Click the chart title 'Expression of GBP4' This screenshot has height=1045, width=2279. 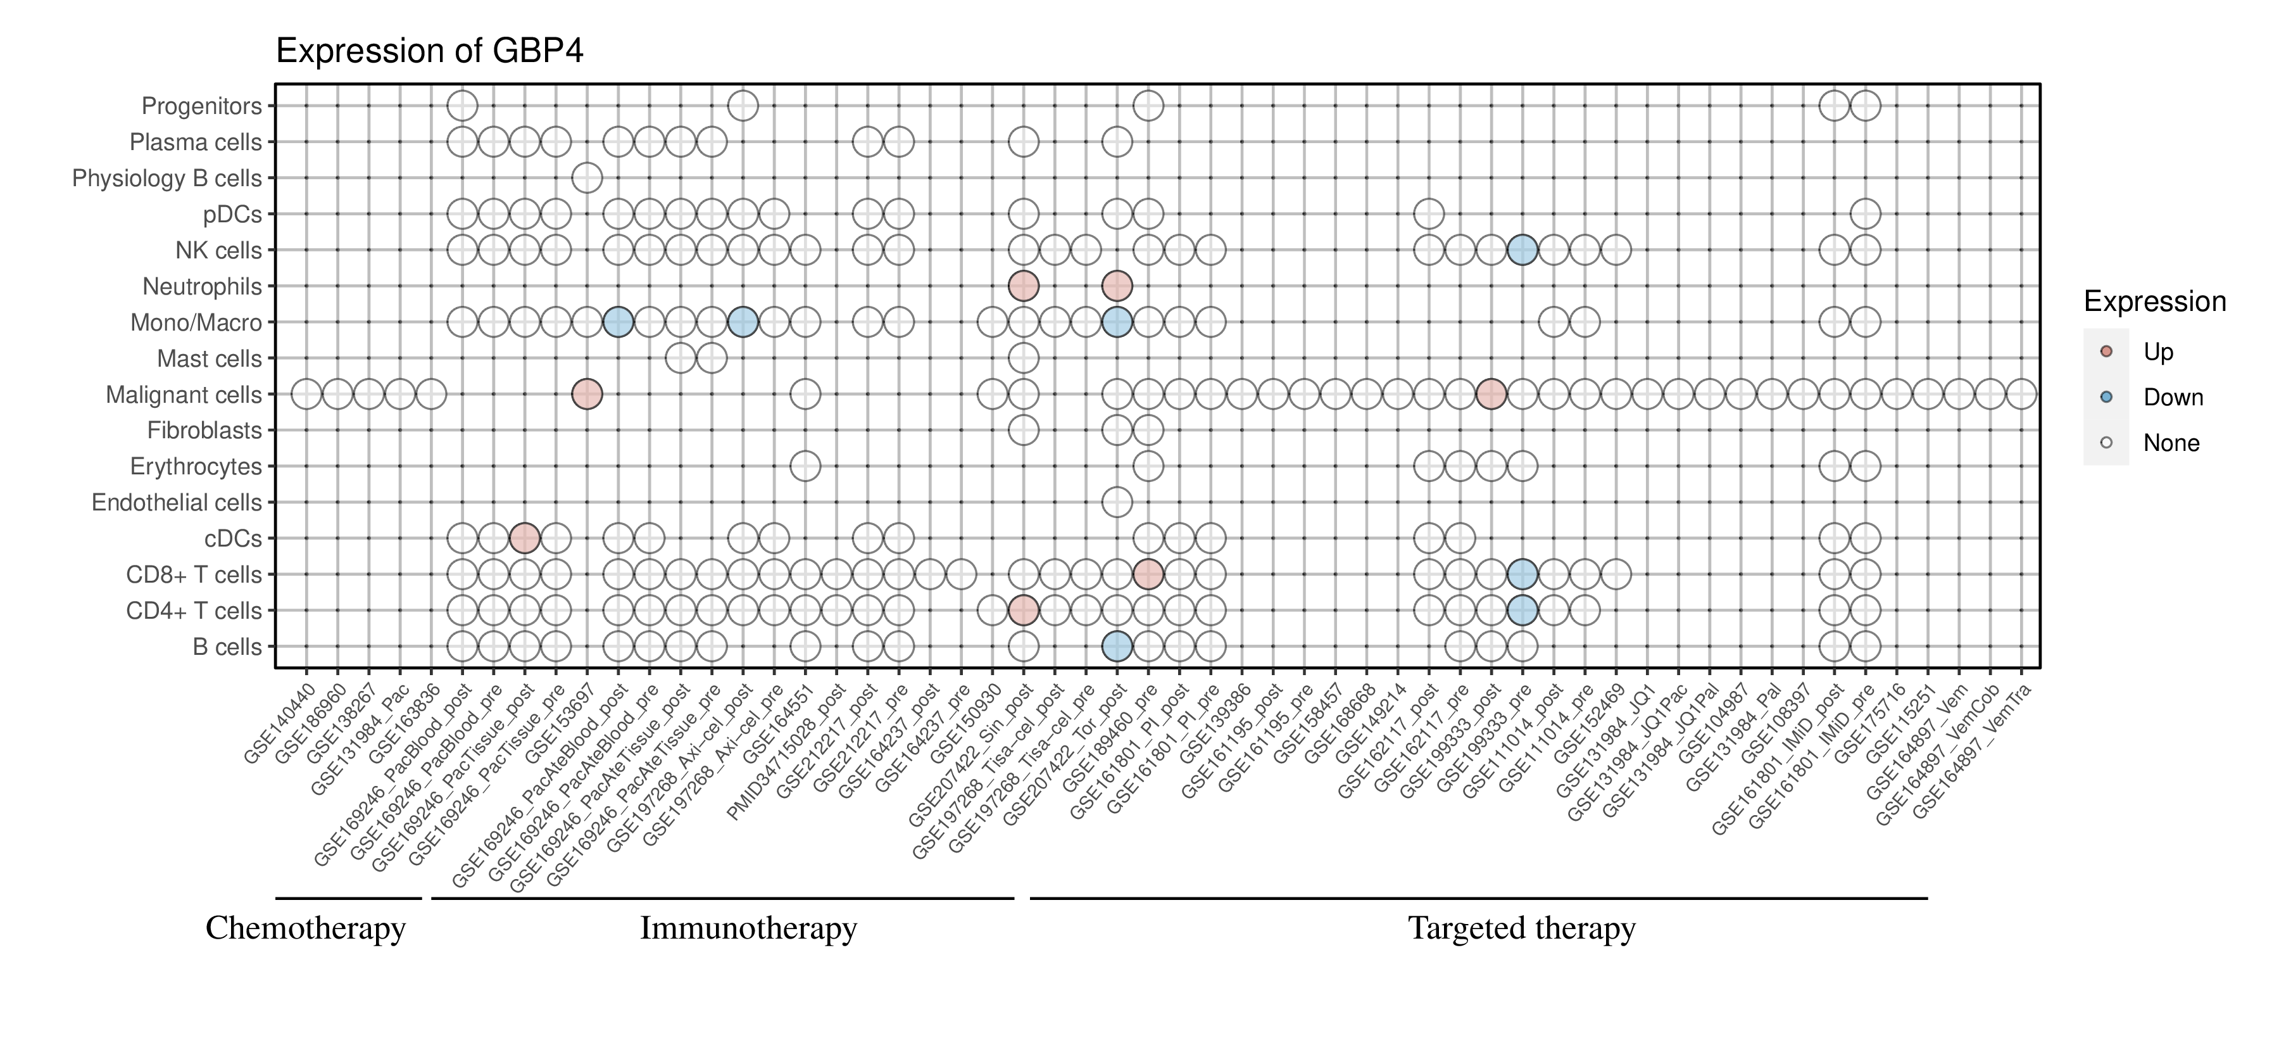[430, 51]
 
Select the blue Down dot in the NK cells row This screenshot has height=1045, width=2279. [1522, 250]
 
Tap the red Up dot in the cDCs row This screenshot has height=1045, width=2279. [525, 538]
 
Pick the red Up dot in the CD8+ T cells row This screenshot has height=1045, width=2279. [1148, 574]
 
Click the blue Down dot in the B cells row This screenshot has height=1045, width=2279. [1117, 647]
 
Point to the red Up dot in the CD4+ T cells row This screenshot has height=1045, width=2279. [1023, 611]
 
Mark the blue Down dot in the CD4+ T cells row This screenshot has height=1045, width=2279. [1522, 611]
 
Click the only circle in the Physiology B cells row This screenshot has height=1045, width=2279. [587, 178]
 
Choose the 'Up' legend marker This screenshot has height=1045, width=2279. [2106, 352]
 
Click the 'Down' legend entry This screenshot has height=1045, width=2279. [2172, 397]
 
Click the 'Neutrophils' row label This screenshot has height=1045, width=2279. [203, 287]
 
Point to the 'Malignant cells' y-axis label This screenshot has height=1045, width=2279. [184, 395]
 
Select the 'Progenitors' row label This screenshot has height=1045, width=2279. [202, 106]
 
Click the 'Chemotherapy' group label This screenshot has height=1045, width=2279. [305, 928]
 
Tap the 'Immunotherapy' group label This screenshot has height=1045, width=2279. [748, 928]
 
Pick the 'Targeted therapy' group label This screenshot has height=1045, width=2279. [1522, 928]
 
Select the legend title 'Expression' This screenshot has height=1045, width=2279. [2154, 301]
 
